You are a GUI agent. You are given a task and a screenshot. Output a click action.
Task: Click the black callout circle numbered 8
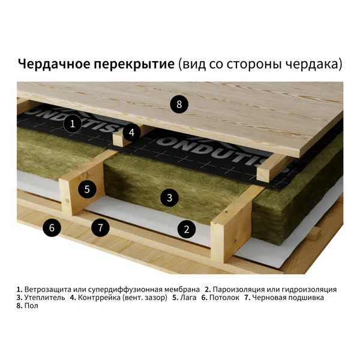179,104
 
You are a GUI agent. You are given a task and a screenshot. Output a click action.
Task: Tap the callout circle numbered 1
73,124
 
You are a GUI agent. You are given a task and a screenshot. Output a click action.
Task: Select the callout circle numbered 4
131,133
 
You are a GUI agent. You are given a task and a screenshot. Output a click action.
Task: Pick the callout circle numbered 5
87,189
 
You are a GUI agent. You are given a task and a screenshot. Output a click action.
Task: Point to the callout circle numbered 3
169,197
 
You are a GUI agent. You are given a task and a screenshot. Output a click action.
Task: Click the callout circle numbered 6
52,227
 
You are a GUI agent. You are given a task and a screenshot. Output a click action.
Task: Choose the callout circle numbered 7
100,227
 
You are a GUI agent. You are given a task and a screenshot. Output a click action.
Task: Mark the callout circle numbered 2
187,229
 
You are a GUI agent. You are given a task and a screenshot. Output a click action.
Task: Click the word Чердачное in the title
54,64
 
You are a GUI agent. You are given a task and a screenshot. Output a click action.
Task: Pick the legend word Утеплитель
44,298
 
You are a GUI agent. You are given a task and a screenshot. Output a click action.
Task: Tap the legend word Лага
188,298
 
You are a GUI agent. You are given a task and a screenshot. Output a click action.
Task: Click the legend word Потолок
224,298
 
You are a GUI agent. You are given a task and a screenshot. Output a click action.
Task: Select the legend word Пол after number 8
31,306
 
